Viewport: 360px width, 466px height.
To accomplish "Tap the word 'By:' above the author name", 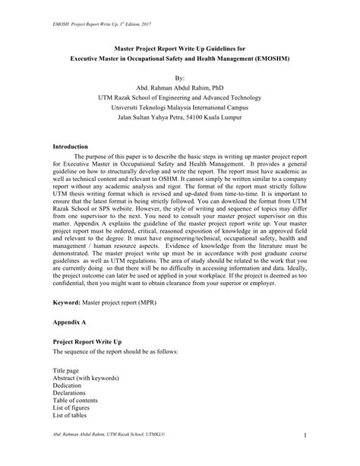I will pyautogui.click(x=179, y=78).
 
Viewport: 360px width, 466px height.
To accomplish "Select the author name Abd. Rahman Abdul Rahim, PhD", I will pyautogui.click(x=179, y=87).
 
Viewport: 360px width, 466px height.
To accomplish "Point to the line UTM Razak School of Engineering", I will pyautogui.click(x=179, y=98).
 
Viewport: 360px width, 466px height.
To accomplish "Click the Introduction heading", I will pyautogui.click(x=71, y=145).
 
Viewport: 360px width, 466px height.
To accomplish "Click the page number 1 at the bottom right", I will pyautogui.click(x=304, y=455).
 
